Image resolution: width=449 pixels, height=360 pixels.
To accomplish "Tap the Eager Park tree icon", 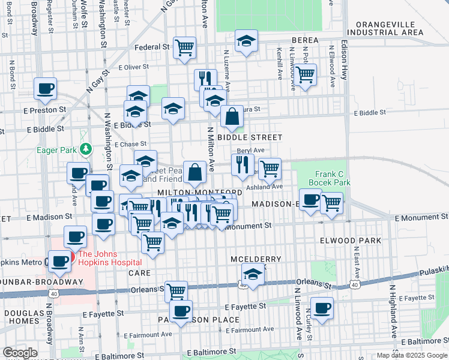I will point(86,148).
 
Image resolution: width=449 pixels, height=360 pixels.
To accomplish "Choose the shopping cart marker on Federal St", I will point(185,47).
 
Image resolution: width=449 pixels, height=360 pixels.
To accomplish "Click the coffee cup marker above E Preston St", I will point(46,89).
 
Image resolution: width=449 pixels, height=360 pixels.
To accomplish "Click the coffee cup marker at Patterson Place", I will point(181,311).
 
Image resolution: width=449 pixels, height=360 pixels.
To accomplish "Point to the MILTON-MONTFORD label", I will point(199,193).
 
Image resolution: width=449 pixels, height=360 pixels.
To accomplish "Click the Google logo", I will point(20,353).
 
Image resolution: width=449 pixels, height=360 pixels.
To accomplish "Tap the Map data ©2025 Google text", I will point(411,355).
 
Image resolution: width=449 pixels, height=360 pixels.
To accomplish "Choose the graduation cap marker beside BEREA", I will point(246,40).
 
